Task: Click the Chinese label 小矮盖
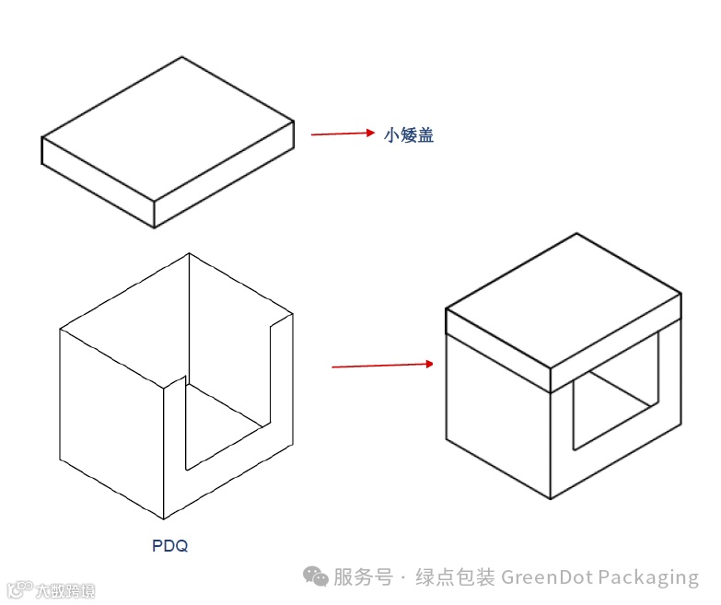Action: tap(409, 135)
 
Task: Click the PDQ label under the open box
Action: tap(169, 546)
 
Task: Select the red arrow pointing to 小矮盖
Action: tap(342, 134)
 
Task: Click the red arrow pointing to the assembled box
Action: tap(381, 366)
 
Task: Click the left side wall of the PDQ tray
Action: tap(110, 414)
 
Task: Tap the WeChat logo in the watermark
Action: tap(317, 577)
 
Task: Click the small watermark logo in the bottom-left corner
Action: tap(50, 590)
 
